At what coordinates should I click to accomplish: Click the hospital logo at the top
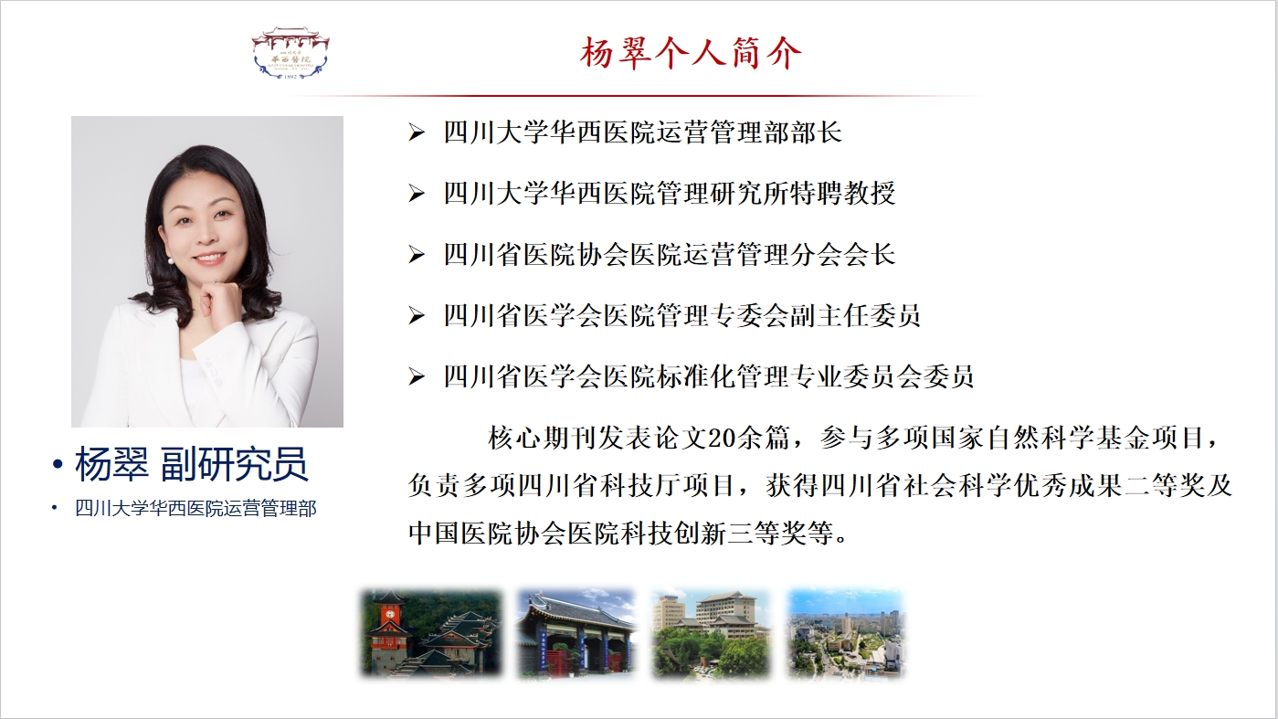tap(291, 52)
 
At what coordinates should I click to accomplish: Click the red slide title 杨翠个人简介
tap(691, 54)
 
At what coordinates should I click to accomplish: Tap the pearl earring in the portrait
tap(170, 260)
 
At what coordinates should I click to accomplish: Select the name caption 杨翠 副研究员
tap(192, 464)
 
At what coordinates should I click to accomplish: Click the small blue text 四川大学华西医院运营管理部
tap(195, 509)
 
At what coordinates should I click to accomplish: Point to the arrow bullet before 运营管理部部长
tap(417, 133)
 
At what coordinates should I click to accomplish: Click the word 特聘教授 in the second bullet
tap(842, 194)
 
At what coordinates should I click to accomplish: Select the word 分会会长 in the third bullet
tap(842, 255)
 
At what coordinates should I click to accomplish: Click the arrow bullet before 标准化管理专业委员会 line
tap(417, 377)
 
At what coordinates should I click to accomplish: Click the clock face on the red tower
tap(390, 615)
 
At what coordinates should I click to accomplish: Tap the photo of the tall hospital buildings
tap(712, 634)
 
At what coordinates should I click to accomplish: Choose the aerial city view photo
tap(846, 634)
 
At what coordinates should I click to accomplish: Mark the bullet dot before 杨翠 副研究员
tap(57, 464)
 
